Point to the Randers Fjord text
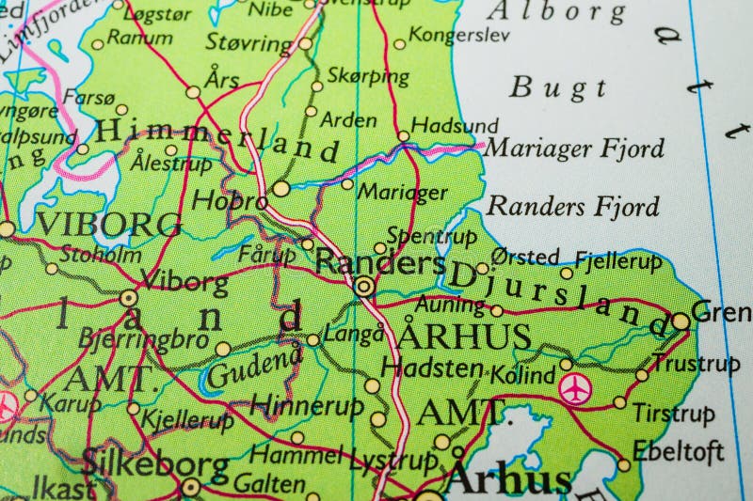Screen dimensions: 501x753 click(x=574, y=205)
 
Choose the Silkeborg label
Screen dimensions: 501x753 click(x=155, y=463)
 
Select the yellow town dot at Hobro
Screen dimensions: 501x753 click(x=280, y=189)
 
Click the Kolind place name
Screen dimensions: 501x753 click(x=522, y=375)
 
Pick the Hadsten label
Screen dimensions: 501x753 click(x=432, y=368)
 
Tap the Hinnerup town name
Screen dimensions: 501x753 click(x=294, y=405)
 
